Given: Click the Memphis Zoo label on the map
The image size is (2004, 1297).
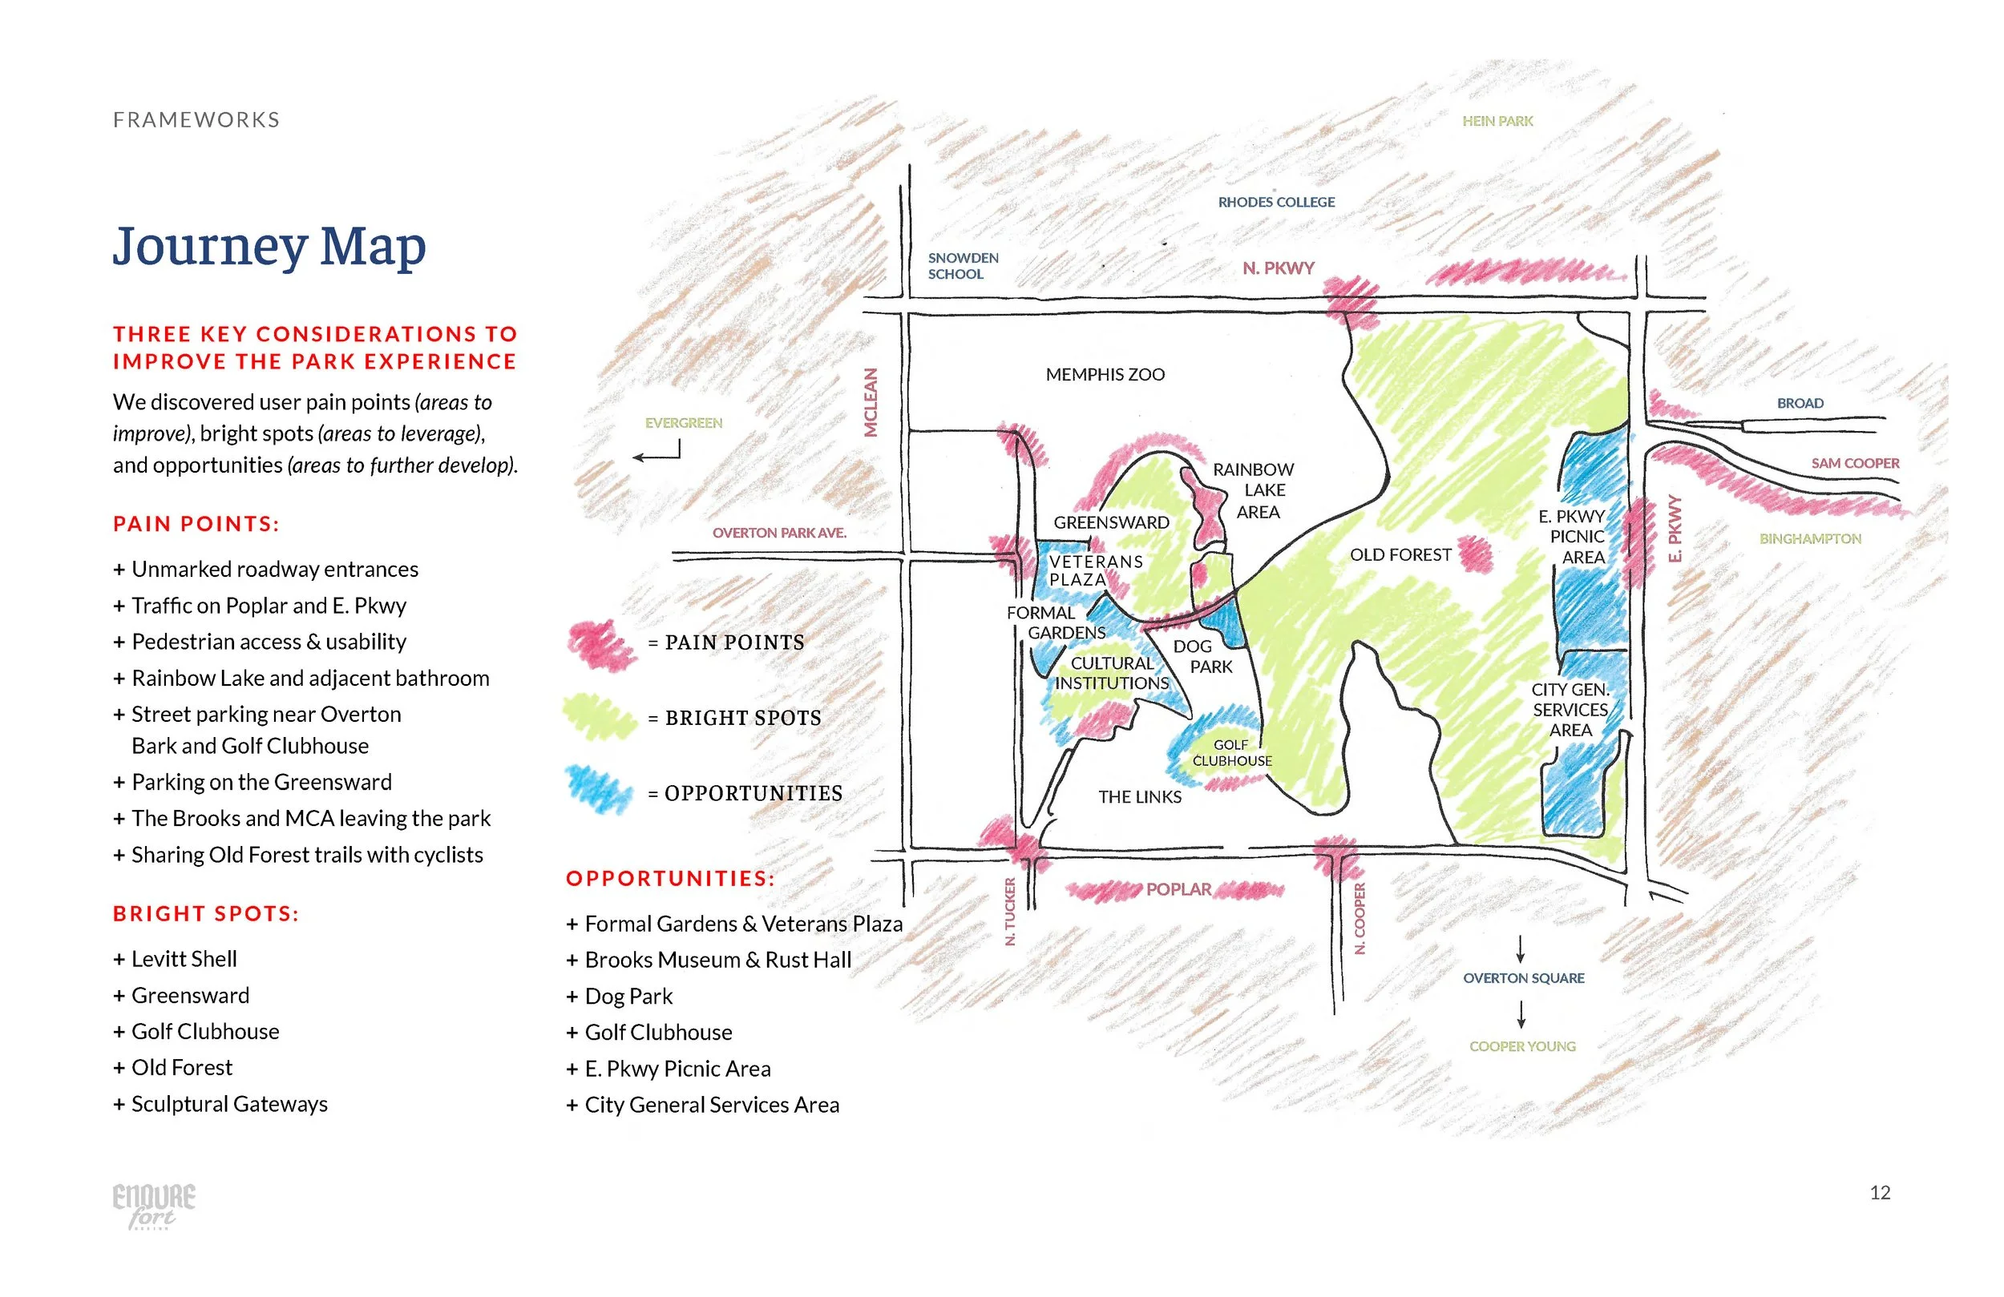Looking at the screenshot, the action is click(x=1105, y=375).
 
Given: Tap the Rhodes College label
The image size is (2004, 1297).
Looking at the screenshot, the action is click(x=1275, y=202).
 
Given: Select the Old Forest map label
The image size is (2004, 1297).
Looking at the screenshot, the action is click(x=1400, y=555).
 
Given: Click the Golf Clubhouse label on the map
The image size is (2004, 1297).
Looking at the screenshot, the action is click(x=1231, y=752).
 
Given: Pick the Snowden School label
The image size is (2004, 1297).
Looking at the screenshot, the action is click(x=963, y=266).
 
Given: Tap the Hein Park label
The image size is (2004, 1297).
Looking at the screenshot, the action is click(x=1497, y=121).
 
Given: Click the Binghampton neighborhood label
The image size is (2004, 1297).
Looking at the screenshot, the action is click(x=1809, y=538).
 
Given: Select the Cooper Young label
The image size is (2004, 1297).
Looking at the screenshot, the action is click(x=1522, y=1046).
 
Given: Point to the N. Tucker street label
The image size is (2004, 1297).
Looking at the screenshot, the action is click(x=1011, y=912).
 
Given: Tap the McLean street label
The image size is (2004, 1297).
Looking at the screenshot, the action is click(x=871, y=402).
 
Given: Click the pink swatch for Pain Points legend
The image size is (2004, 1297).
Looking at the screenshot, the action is click(x=600, y=644).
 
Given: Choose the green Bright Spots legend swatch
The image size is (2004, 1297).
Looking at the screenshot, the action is click(x=599, y=717).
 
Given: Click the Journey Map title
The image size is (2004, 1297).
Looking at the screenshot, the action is click(x=269, y=247).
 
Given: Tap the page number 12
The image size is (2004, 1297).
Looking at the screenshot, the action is click(x=1880, y=1193).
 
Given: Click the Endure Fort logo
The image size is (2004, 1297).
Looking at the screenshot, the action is click(x=153, y=1204).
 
